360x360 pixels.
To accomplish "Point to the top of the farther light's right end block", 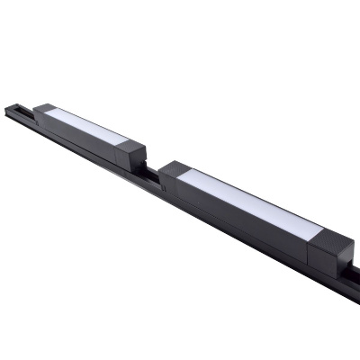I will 134,147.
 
